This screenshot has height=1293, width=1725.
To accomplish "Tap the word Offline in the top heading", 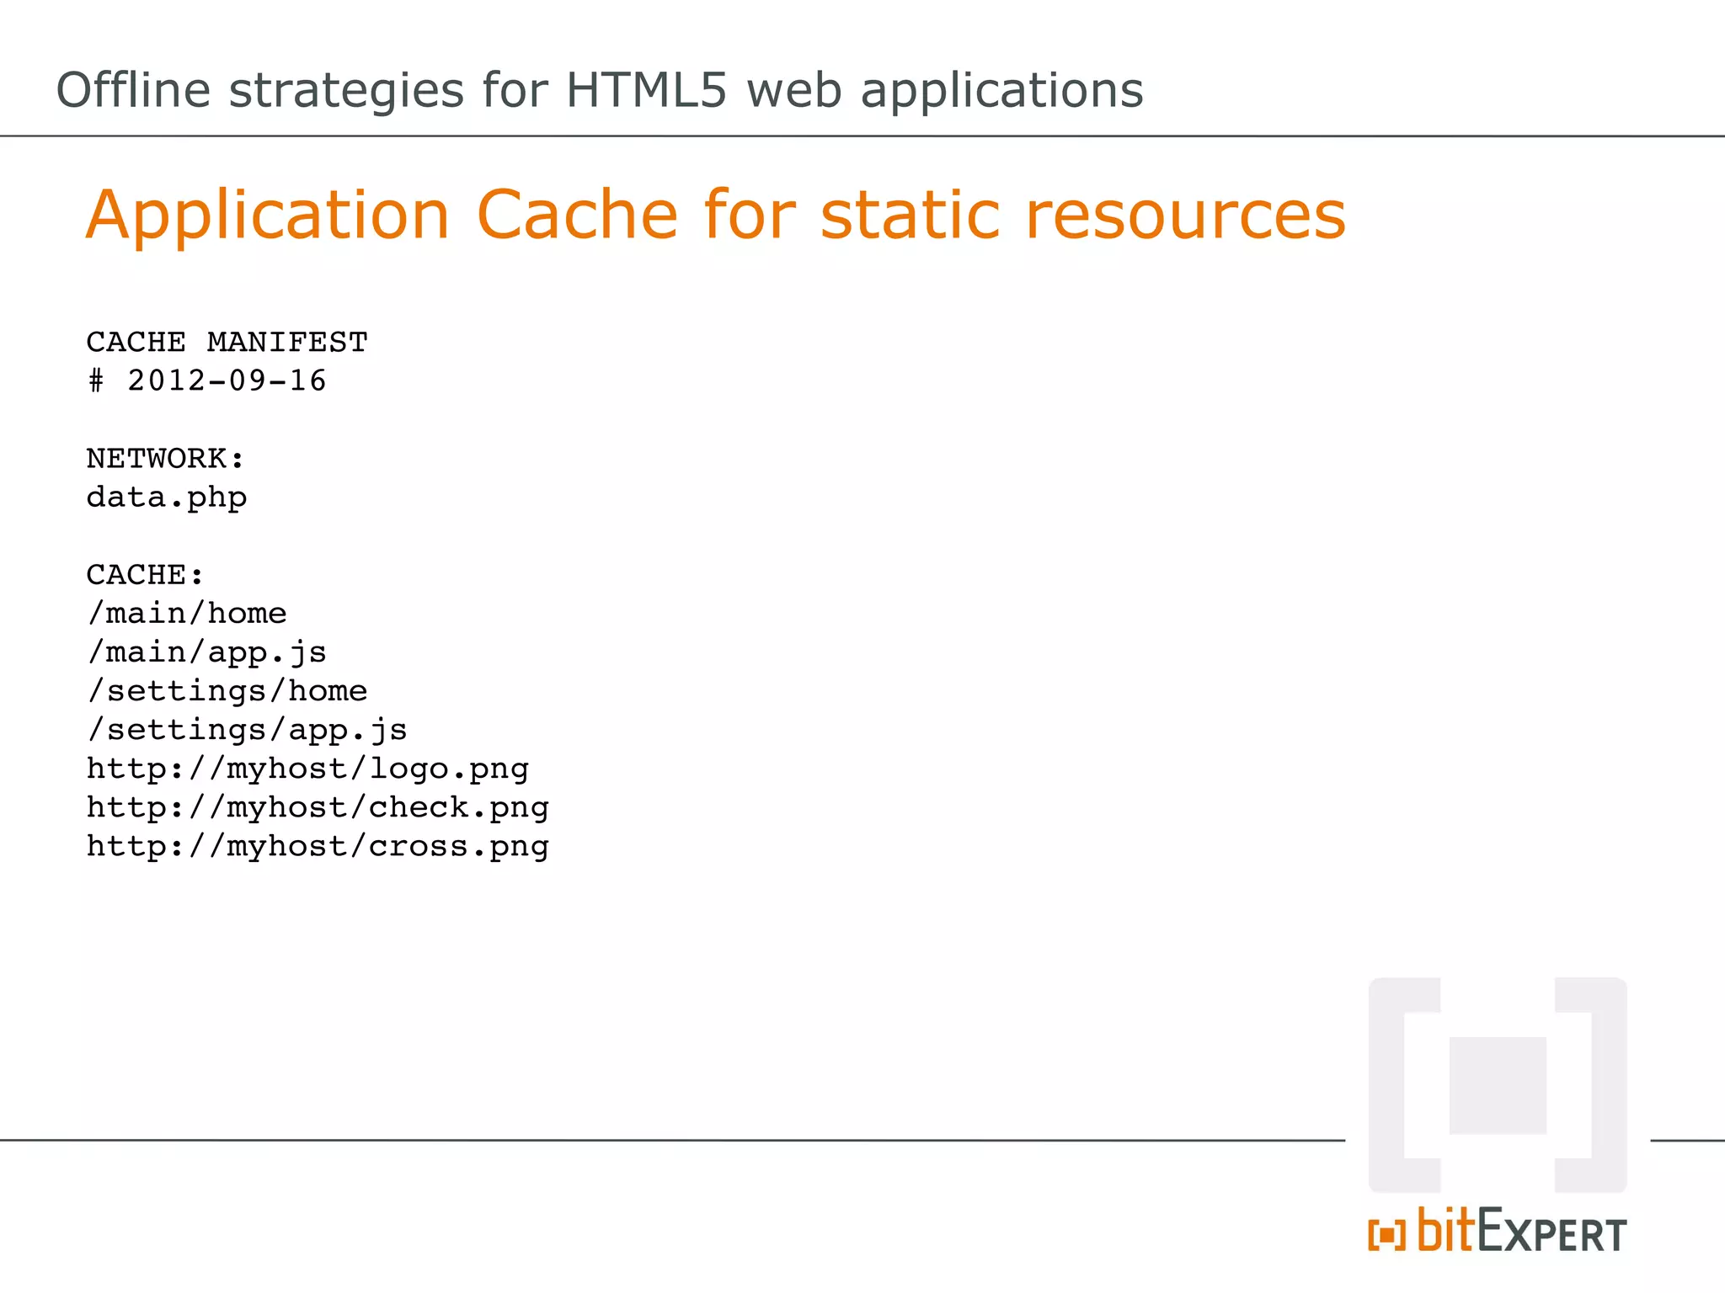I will pyautogui.click(x=133, y=90).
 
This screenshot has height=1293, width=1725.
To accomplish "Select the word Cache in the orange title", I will pyautogui.click(x=577, y=215).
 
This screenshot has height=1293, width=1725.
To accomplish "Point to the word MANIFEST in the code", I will pyautogui.click(x=287, y=343).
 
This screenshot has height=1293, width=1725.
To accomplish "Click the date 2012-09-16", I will pyautogui.click(x=227, y=381).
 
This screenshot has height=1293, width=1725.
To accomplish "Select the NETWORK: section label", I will pyautogui.click(x=166, y=459).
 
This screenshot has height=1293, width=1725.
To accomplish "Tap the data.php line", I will pyautogui.click(x=167, y=498).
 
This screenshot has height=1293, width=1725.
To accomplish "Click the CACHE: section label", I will pyautogui.click(x=145, y=575).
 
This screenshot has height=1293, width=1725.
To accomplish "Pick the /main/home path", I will pyautogui.click(x=187, y=614).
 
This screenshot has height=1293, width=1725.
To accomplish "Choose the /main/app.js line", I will pyautogui.click(x=207, y=652).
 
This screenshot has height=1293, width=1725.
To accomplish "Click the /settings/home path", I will pyautogui.click(x=227, y=691).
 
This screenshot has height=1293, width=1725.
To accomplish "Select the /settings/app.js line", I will pyautogui.click(x=248, y=730).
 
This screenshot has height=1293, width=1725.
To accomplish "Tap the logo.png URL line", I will pyautogui.click(x=307, y=769).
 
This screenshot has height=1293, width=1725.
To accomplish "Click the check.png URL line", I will pyautogui.click(x=318, y=807).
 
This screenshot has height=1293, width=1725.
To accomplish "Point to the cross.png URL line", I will pyautogui.click(x=318, y=846).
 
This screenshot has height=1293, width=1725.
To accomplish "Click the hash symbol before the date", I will pyautogui.click(x=96, y=381).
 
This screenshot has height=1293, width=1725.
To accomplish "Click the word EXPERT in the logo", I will pyautogui.click(x=1552, y=1234).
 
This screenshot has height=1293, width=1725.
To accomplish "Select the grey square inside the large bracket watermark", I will pyautogui.click(x=1498, y=1085).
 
